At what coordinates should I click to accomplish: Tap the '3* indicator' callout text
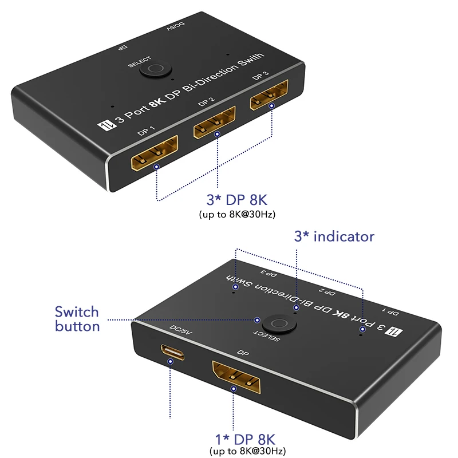[334, 236]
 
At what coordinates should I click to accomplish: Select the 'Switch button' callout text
[77, 319]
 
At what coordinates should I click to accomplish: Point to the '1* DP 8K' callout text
[245, 440]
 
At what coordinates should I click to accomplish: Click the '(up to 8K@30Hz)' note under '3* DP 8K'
[236, 215]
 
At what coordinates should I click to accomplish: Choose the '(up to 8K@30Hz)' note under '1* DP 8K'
[245, 452]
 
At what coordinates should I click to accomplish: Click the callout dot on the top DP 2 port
[217, 135]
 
